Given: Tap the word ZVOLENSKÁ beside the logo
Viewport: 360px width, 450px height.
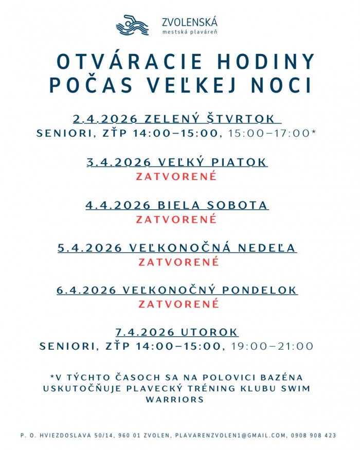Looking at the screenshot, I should (x=189, y=22).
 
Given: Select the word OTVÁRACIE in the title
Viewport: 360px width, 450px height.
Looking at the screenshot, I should (x=128, y=62).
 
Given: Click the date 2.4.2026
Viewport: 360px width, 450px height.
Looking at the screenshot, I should (x=105, y=119).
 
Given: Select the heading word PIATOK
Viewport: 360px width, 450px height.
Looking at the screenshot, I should (x=241, y=163).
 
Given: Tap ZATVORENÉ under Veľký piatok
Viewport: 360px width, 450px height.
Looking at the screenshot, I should (x=177, y=176).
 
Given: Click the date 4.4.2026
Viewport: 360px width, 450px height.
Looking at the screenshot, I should (x=118, y=205).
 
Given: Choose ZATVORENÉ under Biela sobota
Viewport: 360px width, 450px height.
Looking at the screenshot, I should (x=177, y=219).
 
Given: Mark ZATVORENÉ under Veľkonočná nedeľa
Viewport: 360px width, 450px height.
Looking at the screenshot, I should (x=179, y=262).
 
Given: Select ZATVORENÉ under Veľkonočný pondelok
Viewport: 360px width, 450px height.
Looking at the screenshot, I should (x=179, y=304).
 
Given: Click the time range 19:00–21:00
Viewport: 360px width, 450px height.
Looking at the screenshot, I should (x=272, y=346).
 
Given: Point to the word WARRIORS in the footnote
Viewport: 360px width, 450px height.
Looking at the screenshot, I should (x=175, y=399).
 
